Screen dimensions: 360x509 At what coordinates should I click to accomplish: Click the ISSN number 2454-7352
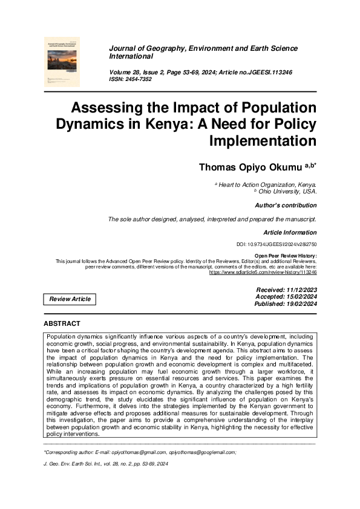[x=140, y=79]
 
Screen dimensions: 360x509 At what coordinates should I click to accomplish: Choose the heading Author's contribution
[x=286, y=206]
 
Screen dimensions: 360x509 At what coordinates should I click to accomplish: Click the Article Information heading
[x=290, y=232]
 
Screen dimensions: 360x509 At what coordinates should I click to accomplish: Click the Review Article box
[x=70, y=299]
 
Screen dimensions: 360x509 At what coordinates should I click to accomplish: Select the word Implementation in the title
[x=263, y=141]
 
